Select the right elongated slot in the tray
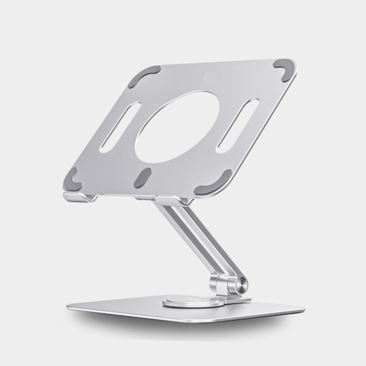(x=238, y=125)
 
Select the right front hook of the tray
(x=172, y=200)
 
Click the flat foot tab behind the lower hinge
(x=241, y=300)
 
